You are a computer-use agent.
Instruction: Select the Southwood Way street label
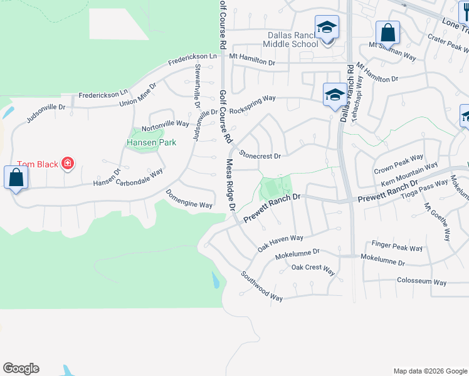(262, 285)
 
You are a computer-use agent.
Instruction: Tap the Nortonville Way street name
(166, 123)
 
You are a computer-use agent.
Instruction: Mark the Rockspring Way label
(253, 103)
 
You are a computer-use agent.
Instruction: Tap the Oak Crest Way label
(315, 268)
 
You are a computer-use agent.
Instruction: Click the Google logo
(21, 368)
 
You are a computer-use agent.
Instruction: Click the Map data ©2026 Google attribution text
(429, 371)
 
